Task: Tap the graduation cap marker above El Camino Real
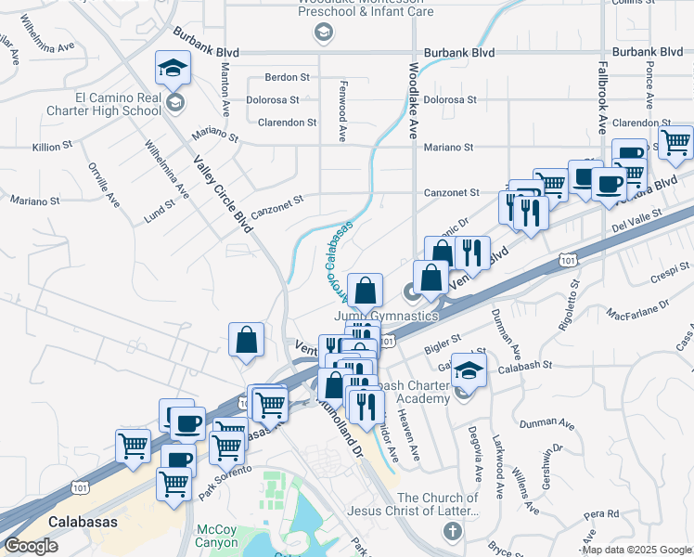pos(173,71)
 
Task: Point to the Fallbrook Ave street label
pos(602,98)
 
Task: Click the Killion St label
pos(52,147)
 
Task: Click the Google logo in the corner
pos(31,547)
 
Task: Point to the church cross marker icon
pos(452,532)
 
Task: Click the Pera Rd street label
pos(601,513)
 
